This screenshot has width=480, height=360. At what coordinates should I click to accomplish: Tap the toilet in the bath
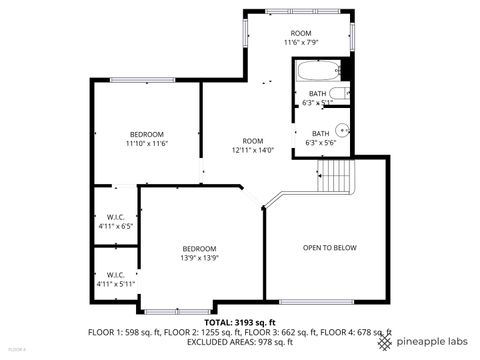tap(339, 95)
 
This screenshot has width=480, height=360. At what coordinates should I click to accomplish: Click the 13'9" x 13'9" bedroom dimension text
tap(199, 257)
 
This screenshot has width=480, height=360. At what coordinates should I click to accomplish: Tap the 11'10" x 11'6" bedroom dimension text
tap(146, 144)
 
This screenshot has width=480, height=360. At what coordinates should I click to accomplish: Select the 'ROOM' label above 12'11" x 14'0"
tap(252, 141)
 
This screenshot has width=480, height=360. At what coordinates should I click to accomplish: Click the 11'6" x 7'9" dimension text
tap(300, 43)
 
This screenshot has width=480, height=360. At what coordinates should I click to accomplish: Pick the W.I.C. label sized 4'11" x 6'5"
tap(115, 217)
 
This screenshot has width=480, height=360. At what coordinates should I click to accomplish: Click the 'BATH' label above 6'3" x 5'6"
tap(320, 134)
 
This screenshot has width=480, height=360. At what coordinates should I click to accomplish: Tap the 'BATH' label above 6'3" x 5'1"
tap(317, 94)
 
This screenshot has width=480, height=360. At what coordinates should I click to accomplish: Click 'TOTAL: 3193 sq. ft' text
tap(239, 322)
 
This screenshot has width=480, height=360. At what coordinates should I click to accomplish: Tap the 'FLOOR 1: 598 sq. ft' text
tap(125, 331)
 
